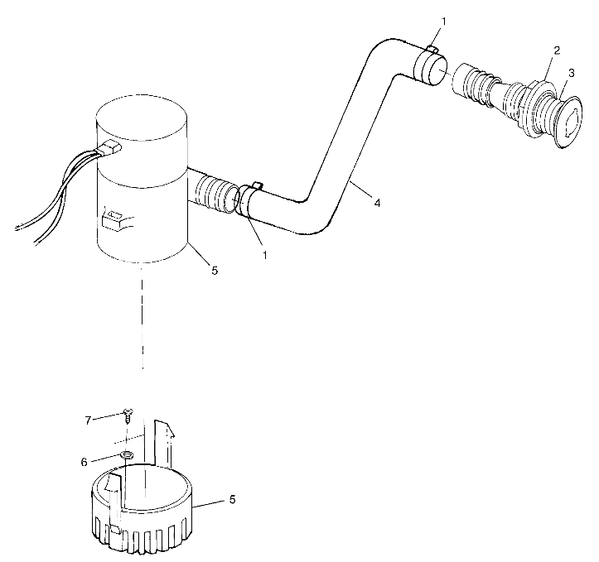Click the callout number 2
coord(558,50)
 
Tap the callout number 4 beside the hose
coord(378,202)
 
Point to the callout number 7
coord(89,420)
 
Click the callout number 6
coord(84,462)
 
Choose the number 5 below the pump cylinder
coord(215,270)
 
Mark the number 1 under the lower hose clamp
coord(265,254)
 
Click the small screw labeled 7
coord(127,414)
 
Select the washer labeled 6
coord(127,456)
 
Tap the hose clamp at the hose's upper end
coord(427,65)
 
